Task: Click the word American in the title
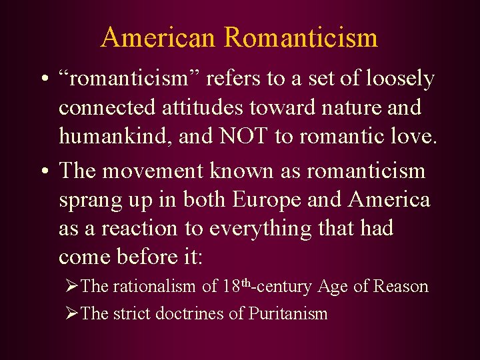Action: coord(159,37)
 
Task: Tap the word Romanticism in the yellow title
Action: coord(301,37)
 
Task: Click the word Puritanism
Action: coord(288,313)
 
